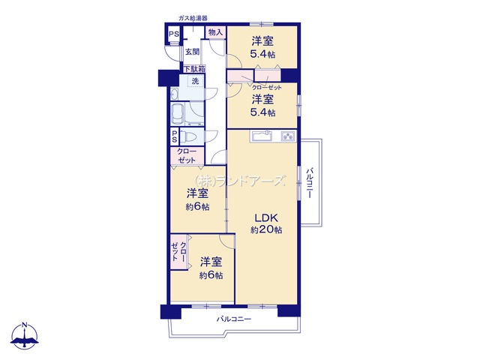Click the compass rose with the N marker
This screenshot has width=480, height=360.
point(25,335)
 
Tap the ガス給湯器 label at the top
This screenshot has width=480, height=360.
point(193,18)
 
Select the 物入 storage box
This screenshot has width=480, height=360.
point(215,31)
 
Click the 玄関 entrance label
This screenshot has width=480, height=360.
point(192,52)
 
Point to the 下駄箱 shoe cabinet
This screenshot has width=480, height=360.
point(194,69)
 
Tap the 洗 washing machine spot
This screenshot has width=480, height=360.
point(195,81)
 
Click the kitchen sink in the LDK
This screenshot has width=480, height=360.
point(261,136)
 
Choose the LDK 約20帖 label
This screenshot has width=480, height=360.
point(267,223)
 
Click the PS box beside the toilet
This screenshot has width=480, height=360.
point(175,136)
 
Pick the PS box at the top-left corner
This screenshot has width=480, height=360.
point(174,34)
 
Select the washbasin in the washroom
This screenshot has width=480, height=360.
point(174,94)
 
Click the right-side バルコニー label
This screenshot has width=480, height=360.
point(310,182)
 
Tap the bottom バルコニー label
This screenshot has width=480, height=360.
point(234,319)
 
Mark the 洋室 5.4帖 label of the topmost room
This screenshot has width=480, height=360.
point(262,47)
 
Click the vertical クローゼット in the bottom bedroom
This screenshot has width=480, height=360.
point(179,252)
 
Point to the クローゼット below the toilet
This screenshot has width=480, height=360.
point(187,156)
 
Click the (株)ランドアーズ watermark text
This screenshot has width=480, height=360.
point(241,181)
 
